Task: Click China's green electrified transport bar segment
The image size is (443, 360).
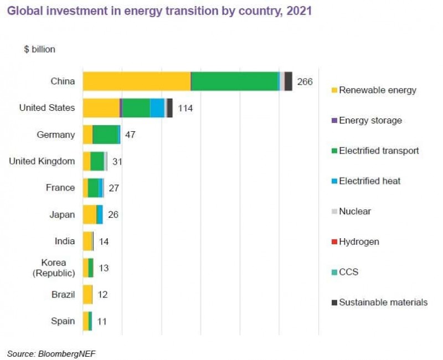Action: pos(234,81)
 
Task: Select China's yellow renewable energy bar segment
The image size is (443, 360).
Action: pos(136,81)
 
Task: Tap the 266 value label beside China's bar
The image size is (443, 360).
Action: pos(305,81)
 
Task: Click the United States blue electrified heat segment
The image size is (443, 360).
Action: pos(157,108)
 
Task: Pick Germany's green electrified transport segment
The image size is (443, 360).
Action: pos(105,135)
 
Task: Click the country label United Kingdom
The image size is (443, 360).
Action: pos(42,161)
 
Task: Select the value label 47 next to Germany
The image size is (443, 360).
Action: pos(131,135)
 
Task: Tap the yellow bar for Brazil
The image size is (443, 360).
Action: pos(87,295)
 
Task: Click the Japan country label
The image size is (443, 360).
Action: pos(63,215)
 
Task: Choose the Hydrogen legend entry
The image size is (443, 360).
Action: pos(359,241)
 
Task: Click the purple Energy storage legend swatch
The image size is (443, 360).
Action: pos(333,120)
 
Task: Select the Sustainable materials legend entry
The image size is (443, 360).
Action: pos(383,302)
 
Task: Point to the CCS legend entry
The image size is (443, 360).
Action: pos(348,272)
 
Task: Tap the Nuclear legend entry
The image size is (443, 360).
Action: pos(355,211)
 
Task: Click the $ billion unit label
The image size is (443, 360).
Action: pos(40,49)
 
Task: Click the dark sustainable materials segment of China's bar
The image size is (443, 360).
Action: pos(289,81)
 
